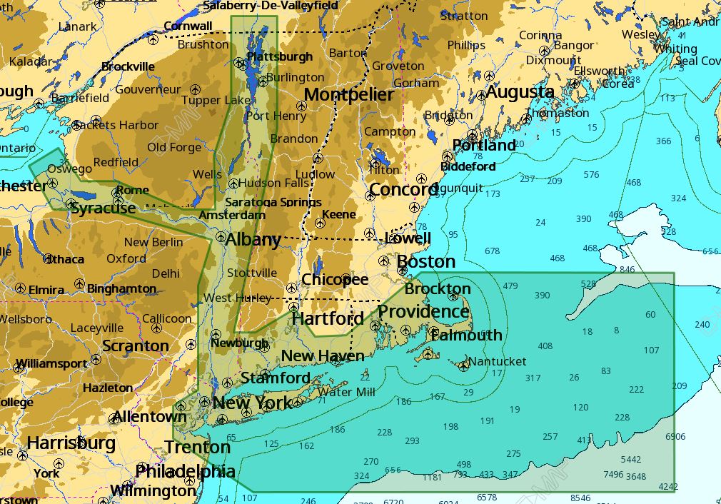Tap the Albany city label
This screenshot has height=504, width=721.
click(x=253, y=240)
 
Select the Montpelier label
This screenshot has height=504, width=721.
click(x=349, y=95)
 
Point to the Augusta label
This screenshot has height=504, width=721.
click(x=520, y=92)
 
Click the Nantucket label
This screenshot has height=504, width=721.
click(x=498, y=361)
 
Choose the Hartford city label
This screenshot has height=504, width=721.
click(x=328, y=318)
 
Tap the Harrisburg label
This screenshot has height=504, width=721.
click(x=71, y=443)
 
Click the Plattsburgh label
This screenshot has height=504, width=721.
click(x=279, y=56)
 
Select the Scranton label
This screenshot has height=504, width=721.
click(x=136, y=346)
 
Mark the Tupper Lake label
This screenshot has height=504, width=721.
click(x=216, y=100)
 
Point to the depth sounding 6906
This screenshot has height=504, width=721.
click(x=675, y=436)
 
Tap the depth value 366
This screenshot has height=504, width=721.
click(x=663, y=141)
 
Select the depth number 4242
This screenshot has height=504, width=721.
click(x=668, y=487)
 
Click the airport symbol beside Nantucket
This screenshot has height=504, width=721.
click(x=464, y=366)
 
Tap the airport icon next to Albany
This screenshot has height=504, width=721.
click(x=221, y=236)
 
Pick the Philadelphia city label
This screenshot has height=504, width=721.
click(x=185, y=471)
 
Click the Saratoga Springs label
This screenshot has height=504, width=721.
click(x=273, y=203)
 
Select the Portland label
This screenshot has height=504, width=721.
click(x=484, y=146)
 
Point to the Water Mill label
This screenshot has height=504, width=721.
click(x=346, y=392)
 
